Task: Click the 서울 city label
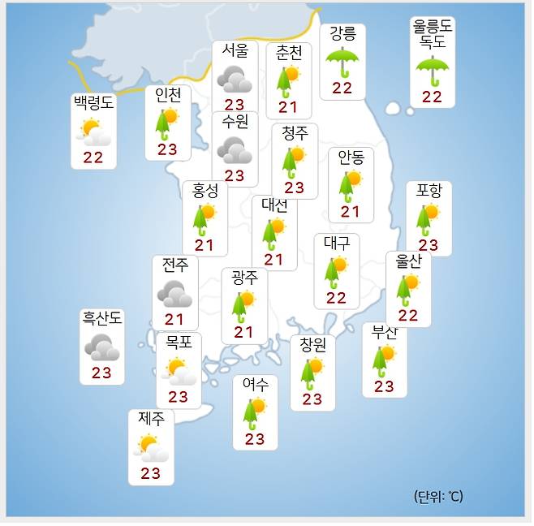click(235, 50)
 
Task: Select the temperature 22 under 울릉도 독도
click(432, 97)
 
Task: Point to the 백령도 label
click(93, 103)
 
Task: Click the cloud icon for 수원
click(235, 149)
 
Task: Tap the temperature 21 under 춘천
click(288, 106)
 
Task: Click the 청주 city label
click(294, 133)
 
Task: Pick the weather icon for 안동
click(351, 186)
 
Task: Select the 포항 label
click(428, 191)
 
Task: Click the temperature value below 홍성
click(205, 245)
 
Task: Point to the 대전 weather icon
click(274, 233)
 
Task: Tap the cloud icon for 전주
click(174, 292)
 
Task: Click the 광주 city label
click(244, 278)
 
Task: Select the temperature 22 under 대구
click(337, 297)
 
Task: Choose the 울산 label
click(408, 261)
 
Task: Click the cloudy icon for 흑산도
click(102, 347)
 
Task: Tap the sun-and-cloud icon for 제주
click(151, 447)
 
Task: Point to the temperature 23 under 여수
click(255, 439)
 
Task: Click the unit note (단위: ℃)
click(437, 496)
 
